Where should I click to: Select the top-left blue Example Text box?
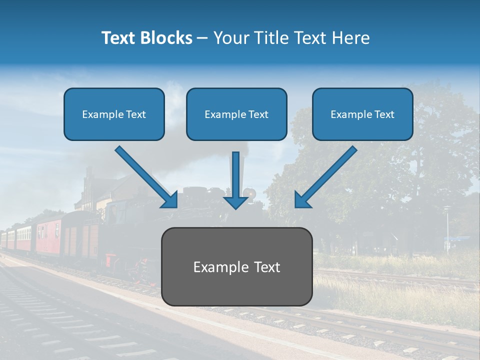click(x=114, y=114)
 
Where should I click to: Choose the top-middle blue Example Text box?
click(x=236, y=114)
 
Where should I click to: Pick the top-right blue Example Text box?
click(x=362, y=114)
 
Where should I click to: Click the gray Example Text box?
click(x=236, y=266)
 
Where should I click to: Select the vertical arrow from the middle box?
click(x=235, y=175)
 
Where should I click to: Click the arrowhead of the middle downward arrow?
click(x=235, y=201)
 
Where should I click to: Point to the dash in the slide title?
click(x=202, y=38)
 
